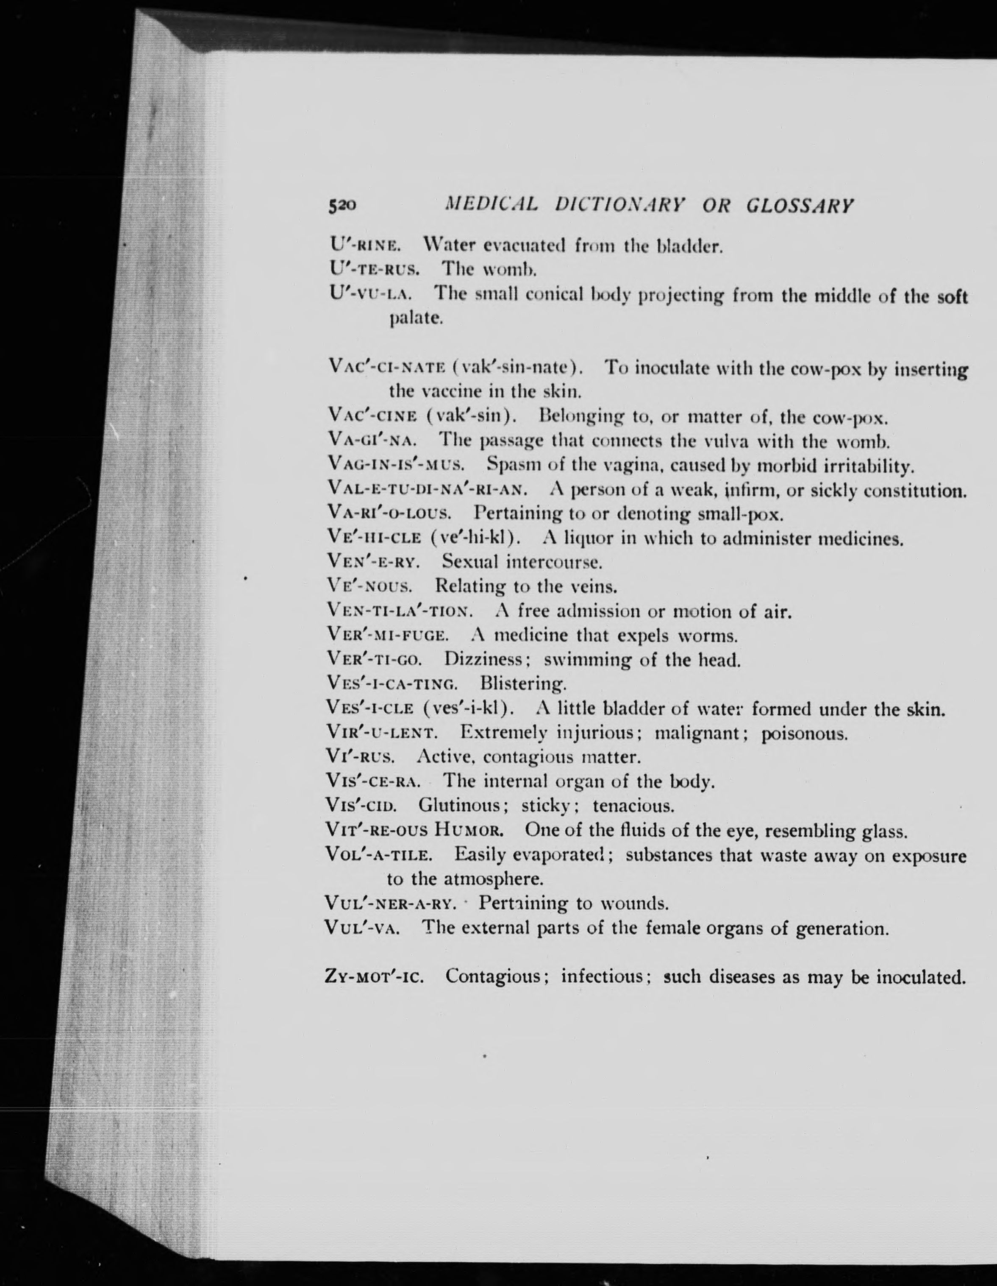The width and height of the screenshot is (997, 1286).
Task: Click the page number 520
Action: tap(342, 206)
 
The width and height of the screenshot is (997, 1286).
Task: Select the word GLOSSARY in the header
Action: tap(799, 206)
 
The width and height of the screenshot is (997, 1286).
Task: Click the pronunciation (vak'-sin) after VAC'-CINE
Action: tap(472, 418)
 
